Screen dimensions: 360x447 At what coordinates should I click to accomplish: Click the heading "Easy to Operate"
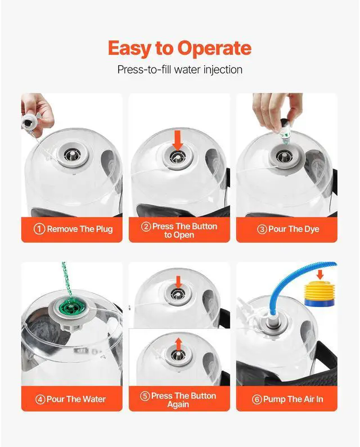[x=179, y=48]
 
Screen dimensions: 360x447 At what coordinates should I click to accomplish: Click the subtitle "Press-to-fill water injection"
[x=179, y=70]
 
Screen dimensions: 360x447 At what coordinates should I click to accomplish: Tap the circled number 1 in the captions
[x=39, y=229]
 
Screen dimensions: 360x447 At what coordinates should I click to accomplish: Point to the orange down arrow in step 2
[x=178, y=140]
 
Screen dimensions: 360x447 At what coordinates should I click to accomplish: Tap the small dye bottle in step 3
[x=285, y=130]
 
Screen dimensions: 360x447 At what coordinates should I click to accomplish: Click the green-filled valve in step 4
[x=69, y=308]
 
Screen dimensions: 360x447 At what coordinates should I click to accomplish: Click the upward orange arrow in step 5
[x=178, y=344]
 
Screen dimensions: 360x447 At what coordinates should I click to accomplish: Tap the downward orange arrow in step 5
[x=178, y=282]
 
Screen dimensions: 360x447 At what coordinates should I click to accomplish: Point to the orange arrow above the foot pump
[x=321, y=274]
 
